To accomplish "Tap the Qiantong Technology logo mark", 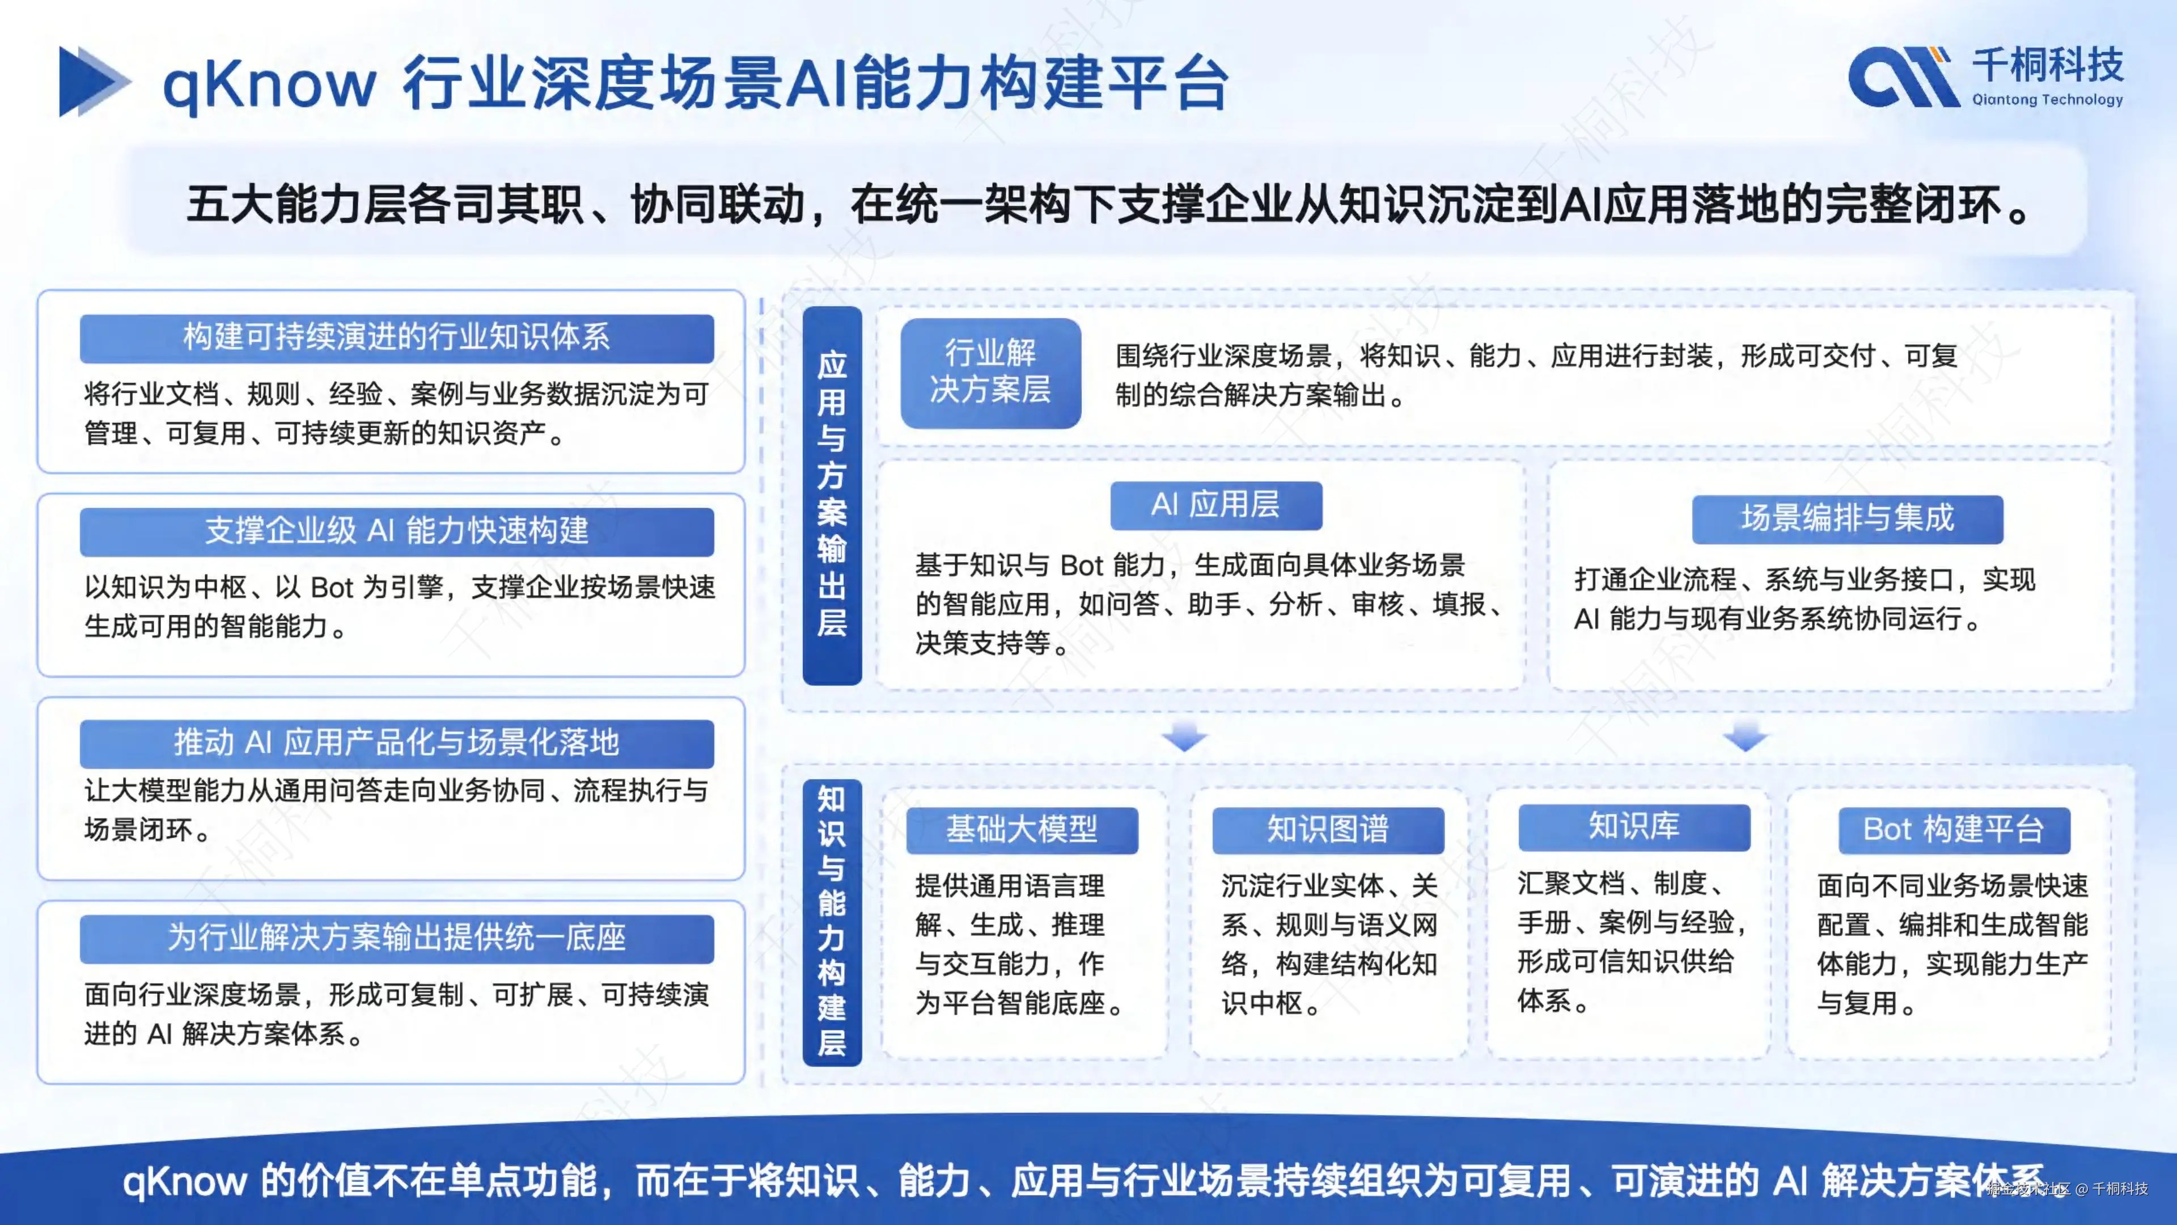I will click(1903, 78).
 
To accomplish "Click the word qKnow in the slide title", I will click(269, 85).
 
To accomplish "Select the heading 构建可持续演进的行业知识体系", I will click(396, 337).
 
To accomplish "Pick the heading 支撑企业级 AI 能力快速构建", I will click(396, 531).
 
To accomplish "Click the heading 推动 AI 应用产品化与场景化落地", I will click(396, 742).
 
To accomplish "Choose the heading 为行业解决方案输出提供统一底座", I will click(396, 937).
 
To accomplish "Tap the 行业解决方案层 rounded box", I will click(990, 372).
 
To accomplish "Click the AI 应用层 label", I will click(1215, 505).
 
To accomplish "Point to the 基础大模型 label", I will click(1021, 829).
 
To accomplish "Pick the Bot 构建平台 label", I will click(1953, 829).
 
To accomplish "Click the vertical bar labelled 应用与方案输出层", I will click(832, 495).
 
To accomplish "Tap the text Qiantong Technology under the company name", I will click(2047, 100).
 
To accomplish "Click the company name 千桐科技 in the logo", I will click(2047, 64).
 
